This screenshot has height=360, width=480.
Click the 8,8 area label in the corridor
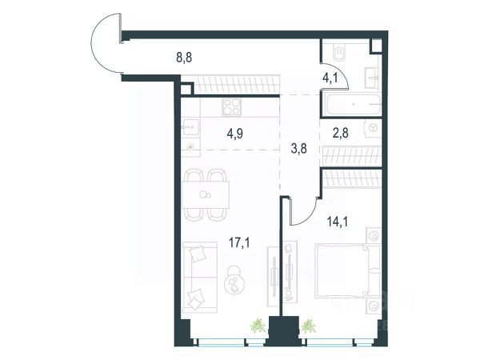tap(184, 58)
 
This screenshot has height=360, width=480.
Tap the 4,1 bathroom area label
tap(330, 78)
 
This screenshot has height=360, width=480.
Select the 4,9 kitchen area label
tap(234, 134)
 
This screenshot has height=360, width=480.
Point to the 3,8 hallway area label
tap(298, 149)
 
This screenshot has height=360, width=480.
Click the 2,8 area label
tap(341, 133)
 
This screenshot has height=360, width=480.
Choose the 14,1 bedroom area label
tap(338, 222)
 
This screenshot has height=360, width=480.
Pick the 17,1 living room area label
tap(239, 243)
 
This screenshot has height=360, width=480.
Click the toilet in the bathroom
tap(338, 52)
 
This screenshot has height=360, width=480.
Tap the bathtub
tap(354, 105)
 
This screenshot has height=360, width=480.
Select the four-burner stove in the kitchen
tap(232, 107)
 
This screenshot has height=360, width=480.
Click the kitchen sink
tap(190, 127)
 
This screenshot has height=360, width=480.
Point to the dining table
tap(206, 194)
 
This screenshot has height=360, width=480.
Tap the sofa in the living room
tap(199, 277)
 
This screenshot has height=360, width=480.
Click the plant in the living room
tap(258, 326)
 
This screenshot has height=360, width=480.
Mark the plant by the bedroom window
tap(309, 326)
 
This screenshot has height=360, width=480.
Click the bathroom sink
tap(372, 78)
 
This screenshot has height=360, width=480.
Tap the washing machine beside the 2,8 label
tap(373, 128)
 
